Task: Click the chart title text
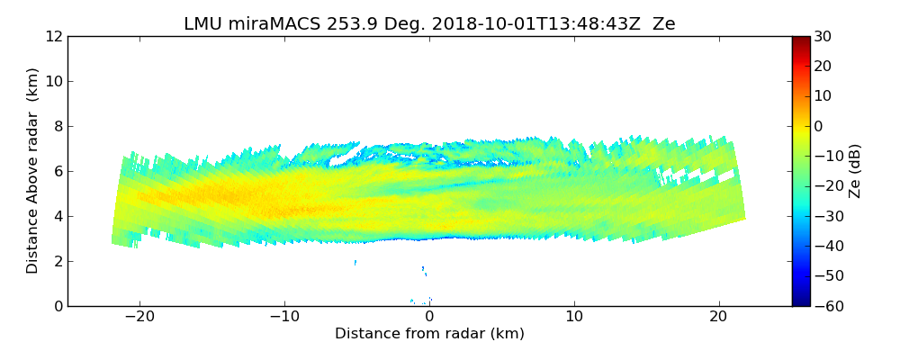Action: pyautogui.click(x=429, y=24)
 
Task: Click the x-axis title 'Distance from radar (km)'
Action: pyautogui.click(x=429, y=334)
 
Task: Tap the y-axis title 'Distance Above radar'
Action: pyautogui.click(x=33, y=171)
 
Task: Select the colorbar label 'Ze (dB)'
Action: pyautogui.click(x=855, y=171)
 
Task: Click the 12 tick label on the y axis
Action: pyautogui.click(x=54, y=36)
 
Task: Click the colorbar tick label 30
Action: pyautogui.click(x=821, y=36)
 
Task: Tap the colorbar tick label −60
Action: pyautogui.click(x=824, y=306)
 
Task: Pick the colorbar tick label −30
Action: pyautogui.click(x=824, y=216)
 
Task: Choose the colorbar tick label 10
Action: pyautogui.click(x=821, y=96)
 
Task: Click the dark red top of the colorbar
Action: pyautogui.click(x=800, y=40)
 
